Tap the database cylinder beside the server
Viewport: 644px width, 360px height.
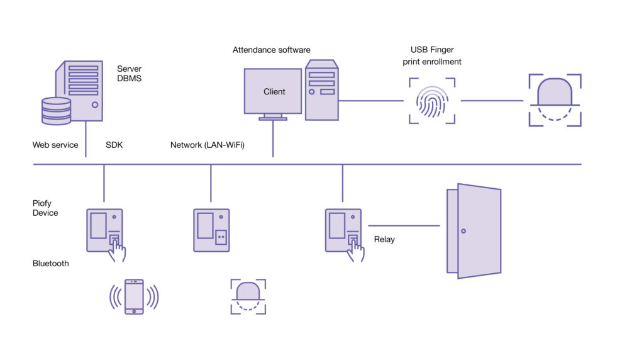(56, 111)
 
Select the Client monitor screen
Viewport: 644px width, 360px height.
(274, 92)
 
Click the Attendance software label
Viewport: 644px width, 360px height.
(271, 50)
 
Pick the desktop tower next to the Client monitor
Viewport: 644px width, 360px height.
(321, 91)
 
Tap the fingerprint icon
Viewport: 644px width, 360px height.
(431, 101)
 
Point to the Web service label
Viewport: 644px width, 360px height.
(55, 145)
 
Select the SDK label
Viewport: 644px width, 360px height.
(114, 145)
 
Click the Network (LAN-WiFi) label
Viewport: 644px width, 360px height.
(208, 145)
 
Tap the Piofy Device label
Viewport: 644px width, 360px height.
(45, 208)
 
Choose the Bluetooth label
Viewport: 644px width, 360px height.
(51, 264)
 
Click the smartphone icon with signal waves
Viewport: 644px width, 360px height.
(134, 296)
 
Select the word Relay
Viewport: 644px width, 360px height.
(384, 240)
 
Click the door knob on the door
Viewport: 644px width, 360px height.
(464, 231)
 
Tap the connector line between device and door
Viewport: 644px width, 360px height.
(403, 225)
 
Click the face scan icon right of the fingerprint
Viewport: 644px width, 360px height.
(554, 100)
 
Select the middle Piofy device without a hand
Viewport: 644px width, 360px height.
(211, 230)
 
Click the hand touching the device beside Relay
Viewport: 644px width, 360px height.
(356, 250)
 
